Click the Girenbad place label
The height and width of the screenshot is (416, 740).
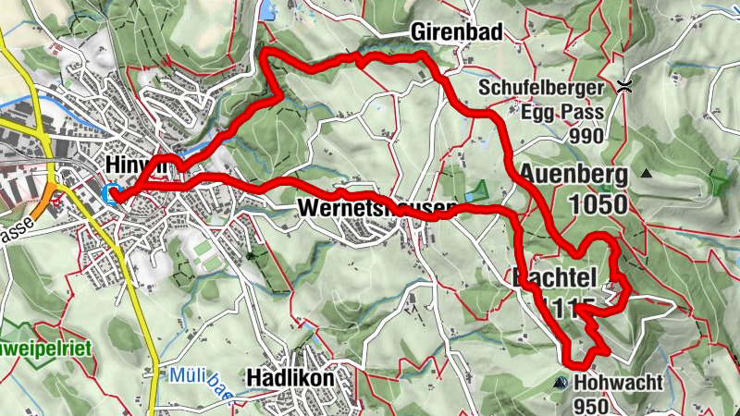click(x=457, y=33)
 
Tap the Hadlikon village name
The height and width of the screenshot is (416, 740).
click(x=290, y=378)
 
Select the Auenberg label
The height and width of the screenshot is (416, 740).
click(x=573, y=174)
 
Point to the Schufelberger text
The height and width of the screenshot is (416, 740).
click(x=541, y=89)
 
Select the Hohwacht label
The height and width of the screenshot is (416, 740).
click(x=611, y=382)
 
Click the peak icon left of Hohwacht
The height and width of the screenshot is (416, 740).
click(x=560, y=382)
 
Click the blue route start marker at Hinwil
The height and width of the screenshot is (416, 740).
click(x=114, y=194)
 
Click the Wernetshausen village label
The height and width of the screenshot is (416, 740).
click(x=377, y=209)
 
